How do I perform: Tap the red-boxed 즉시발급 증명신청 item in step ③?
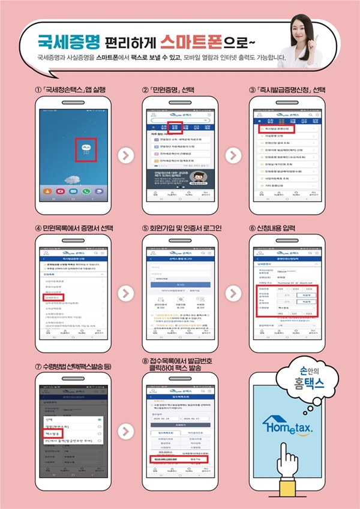coord(274,129)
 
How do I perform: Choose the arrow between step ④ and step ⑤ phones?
coord(124,294)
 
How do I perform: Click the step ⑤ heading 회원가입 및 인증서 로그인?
coord(182,228)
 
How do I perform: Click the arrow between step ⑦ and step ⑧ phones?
coord(124,430)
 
